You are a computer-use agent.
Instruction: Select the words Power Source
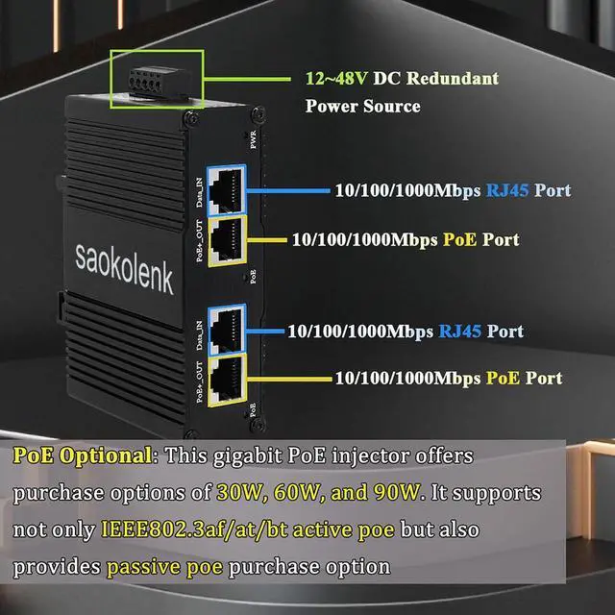click(x=362, y=106)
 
